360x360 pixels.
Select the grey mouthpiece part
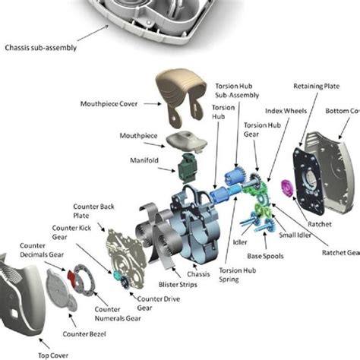[x=182, y=141]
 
